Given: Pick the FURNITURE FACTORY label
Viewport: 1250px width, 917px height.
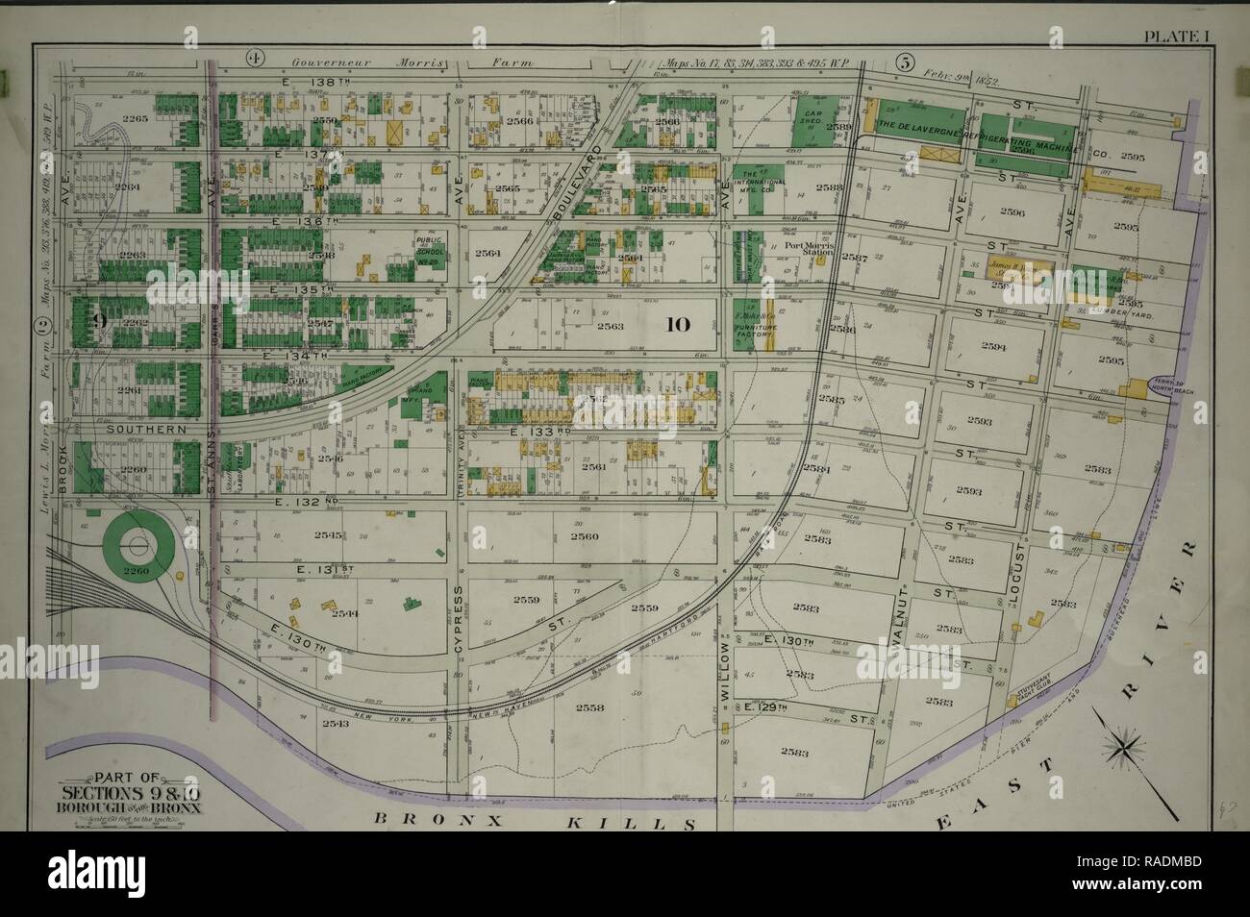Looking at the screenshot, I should tap(756, 325).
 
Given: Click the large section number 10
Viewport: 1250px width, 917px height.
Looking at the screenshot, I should tap(677, 324).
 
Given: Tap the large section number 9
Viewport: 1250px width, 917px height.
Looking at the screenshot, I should tap(98, 323).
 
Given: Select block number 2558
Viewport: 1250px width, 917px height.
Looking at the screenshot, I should tap(589, 707).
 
